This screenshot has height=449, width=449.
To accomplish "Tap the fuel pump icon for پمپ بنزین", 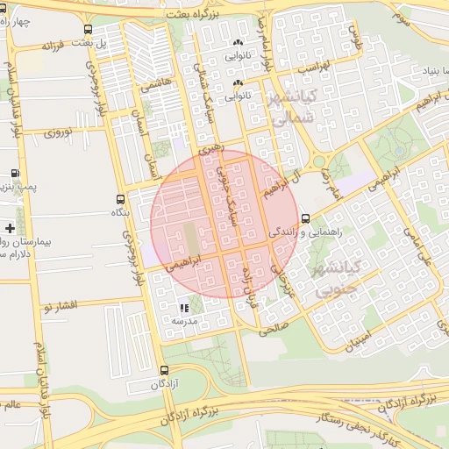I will click(14, 173).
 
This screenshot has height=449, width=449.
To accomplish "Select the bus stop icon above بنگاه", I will click(120, 199).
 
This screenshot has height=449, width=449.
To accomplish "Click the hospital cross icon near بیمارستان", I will click(10, 228).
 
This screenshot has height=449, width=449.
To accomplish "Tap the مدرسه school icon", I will click(183, 308).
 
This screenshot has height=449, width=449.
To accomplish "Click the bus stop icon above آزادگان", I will click(164, 371).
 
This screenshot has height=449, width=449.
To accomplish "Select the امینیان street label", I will click(359, 339).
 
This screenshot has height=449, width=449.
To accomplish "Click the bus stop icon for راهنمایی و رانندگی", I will click(305, 218).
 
